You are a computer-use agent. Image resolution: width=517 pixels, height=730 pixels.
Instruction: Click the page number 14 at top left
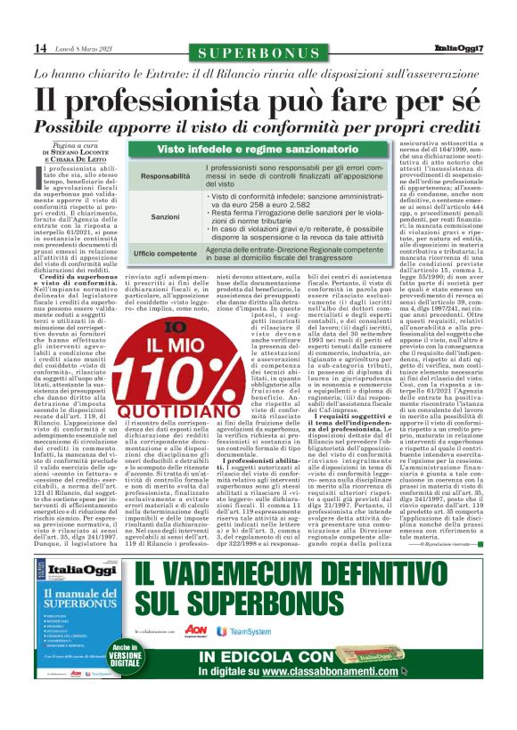(x=40, y=47)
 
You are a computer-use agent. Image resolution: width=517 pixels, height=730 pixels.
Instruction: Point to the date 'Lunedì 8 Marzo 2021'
(x=87, y=48)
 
